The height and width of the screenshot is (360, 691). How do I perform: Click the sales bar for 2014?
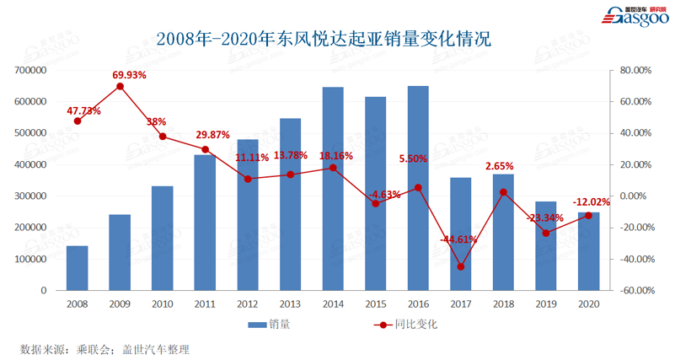[x=333, y=189]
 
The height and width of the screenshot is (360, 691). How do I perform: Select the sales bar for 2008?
[x=78, y=268]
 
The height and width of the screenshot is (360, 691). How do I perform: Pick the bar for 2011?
[x=205, y=223]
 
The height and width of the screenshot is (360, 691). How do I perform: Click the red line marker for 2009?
[x=121, y=86]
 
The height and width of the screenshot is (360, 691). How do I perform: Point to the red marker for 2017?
[x=461, y=266]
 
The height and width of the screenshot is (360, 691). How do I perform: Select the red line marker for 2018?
[x=503, y=192]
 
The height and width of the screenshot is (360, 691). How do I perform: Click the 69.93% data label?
[x=129, y=75]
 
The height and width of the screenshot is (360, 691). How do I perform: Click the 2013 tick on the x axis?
[x=290, y=302]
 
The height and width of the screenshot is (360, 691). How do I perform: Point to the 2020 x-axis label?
[x=588, y=302]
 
